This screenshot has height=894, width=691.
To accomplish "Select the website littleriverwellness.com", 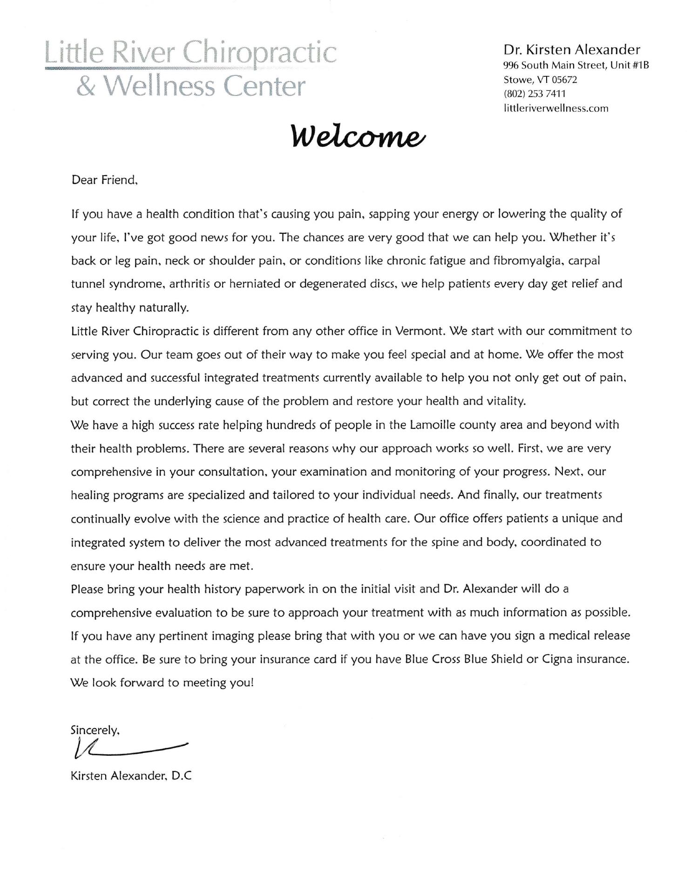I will tap(556, 108).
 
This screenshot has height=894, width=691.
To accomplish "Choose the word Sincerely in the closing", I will tap(95, 730).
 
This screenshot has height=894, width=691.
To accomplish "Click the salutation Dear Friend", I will tap(104, 180).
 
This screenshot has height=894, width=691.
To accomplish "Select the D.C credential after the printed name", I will tap(182, 776).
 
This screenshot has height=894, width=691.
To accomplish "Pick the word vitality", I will tap(503, 401).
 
